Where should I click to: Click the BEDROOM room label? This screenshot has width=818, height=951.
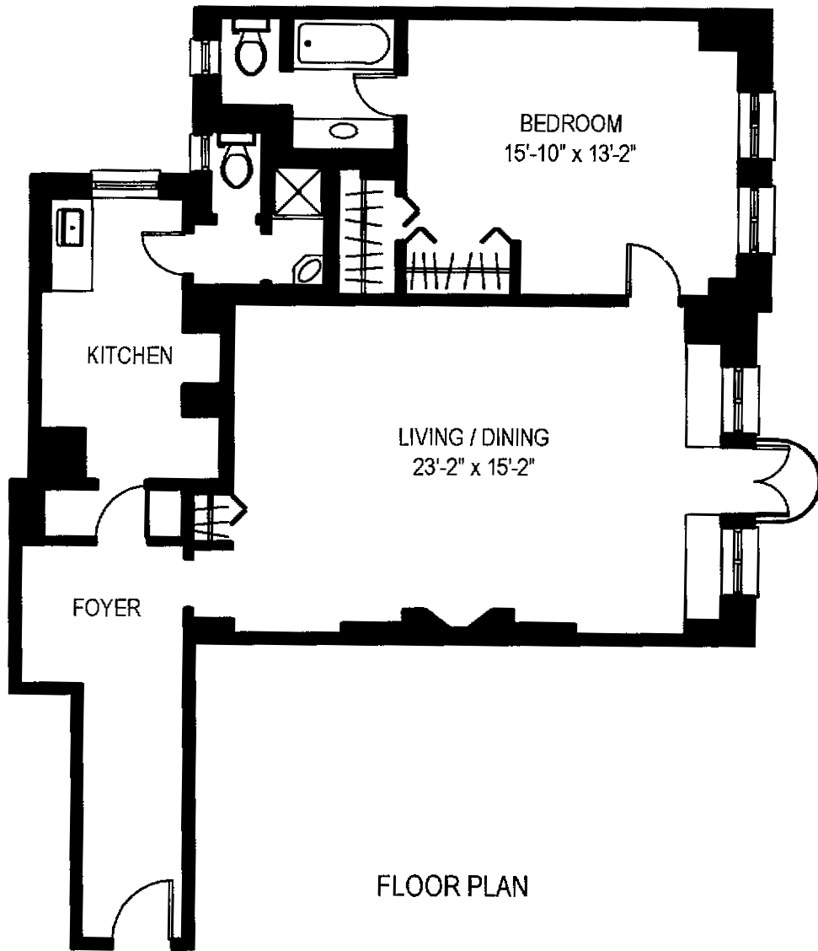coord(572,124)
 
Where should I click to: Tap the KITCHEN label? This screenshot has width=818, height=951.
coord(130,356)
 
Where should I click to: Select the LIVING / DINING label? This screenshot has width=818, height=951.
coord(473,437)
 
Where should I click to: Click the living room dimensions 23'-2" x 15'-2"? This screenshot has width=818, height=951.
coord(473,467)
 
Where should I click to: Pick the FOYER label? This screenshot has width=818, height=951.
coord(105,608)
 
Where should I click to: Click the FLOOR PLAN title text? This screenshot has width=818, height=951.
coord(452,887)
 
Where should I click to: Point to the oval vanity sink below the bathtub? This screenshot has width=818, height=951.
coord(342,131)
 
